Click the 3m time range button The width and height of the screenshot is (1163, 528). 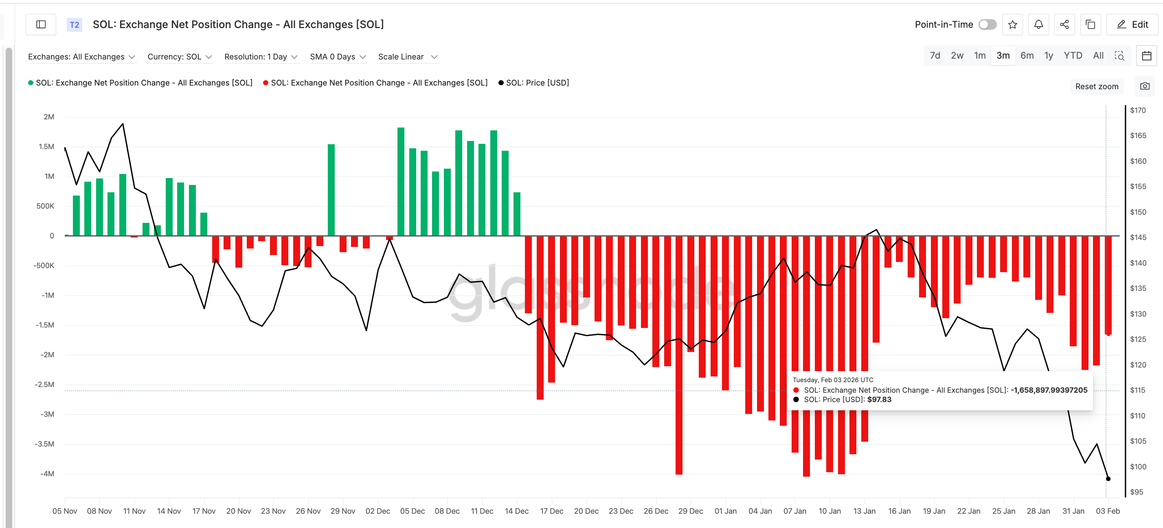pyautogui.click(x=1003, y=55)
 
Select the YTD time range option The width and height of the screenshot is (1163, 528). pyautogui.click(x=1072, y=55)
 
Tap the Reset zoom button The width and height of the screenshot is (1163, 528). pyautogui.click(x=1096, y=86)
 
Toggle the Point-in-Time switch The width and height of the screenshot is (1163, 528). pyautogui.click(x=987, y=24)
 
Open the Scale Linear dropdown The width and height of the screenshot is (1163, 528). pyautogui.click(x=408, y=57)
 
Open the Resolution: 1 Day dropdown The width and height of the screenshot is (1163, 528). pyautogui.click(x=261, y=57)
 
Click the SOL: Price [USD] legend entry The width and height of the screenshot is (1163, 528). pyautogui.click(x=537, y=83)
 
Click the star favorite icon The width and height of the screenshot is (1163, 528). pyautogui.click(x=1012, y=24)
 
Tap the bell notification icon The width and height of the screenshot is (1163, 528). pyautogui.click(x=1038, y=24)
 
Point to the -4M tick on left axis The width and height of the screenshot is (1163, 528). pyautogui.click(x=47, y=473)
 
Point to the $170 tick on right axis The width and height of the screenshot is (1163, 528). pyautogui.click(x=1137, y=110)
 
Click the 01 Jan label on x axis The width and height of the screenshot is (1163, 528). pyautogui.click(x=725, y=511)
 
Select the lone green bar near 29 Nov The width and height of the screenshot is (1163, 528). pyautogui.click(x=331, y=190)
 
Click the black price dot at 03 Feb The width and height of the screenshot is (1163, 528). pyautogui.click(x=1108, y=478)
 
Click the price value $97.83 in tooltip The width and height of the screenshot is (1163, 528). pyautogui.click(x=879, y=399)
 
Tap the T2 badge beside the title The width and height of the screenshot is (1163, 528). pyautogui.click(x=75, y=24)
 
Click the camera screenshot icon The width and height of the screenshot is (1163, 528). pyautogui.click(x=1145, y=86)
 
